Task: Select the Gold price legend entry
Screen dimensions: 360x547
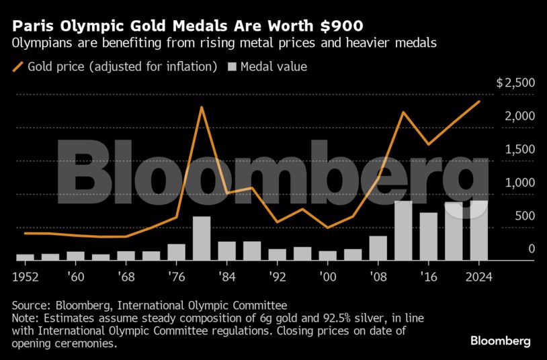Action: [114, 66]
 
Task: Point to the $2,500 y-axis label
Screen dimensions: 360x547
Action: [515, 83]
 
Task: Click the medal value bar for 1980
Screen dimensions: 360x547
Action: [202, 238]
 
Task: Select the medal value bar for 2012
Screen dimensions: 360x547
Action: [403, 230]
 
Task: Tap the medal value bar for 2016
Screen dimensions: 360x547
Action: [428, 236]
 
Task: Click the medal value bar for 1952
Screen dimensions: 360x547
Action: [25, 257]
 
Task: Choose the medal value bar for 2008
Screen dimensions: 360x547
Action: [378, 248]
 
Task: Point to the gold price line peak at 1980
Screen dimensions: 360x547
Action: [202, 107]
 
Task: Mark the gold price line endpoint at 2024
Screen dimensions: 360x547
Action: [478, 101]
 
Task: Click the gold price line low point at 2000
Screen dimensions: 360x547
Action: [327, 228]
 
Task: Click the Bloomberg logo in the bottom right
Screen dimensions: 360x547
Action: [501, 341]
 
